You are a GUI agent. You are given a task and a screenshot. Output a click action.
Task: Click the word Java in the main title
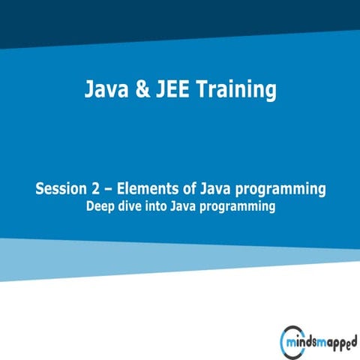[x=104, y=91]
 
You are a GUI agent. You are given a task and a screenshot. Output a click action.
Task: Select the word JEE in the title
[x=169, y=91]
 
